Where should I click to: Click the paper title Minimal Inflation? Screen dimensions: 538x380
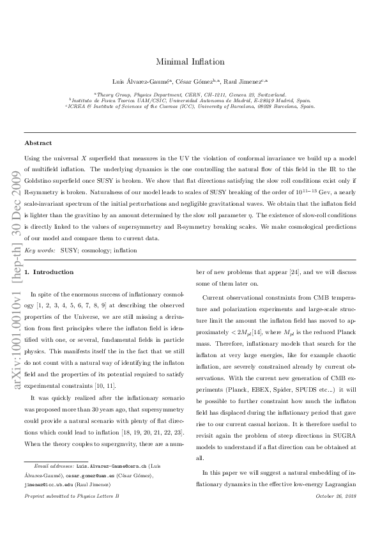tap(190, 62)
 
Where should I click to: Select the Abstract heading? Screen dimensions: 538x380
tap(38, 143)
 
